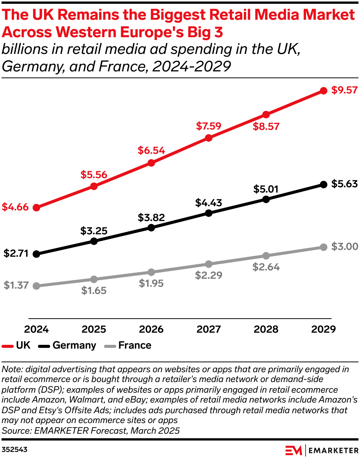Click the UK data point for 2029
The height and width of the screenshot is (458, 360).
tap(324, 91)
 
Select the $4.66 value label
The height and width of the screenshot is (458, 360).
tap(15, 207)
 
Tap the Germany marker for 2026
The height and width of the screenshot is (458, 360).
tap(151, 228)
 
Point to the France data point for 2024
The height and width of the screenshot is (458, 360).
tap(36, 286)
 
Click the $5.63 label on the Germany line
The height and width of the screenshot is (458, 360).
tap(344, 184)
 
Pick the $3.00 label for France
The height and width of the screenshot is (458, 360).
tap(344, 246)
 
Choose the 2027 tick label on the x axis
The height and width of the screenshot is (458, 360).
tap(208, 329)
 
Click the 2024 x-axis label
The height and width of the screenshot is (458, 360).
tap(36, 329)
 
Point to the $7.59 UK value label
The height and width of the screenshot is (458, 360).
tap(208, 126)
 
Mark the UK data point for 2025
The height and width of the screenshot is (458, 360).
tap(94, 186)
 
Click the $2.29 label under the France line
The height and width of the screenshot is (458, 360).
tap(208, 275)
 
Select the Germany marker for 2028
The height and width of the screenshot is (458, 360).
tap(266, 199)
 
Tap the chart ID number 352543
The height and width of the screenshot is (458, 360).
tap(14, 450)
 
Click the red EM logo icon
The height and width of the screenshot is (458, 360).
tap(294, 450)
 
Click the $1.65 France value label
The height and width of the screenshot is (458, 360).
tap(94, 291)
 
